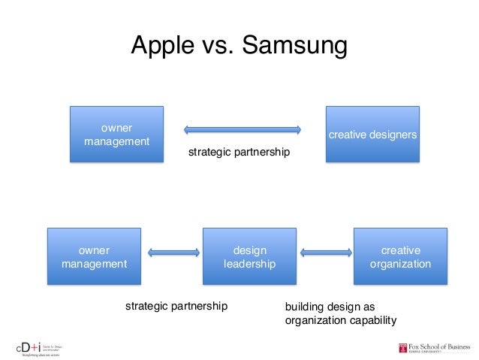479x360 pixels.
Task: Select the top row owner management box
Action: (x=116, y=135)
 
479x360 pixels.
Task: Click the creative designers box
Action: (x=372, y=135)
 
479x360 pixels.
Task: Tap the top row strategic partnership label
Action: (x=239, y=153)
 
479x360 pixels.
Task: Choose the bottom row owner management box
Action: (x=94, y=256)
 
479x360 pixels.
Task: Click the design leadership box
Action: (x=249, y=256)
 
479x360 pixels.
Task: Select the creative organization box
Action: (x=400, y=256)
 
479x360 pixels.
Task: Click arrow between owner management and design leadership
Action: (x=173, y=253)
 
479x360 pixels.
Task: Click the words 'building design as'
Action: (x=330, y=307)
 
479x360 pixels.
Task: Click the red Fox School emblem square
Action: (x=404, y=347)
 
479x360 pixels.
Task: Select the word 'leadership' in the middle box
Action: (x=249, y=264)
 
